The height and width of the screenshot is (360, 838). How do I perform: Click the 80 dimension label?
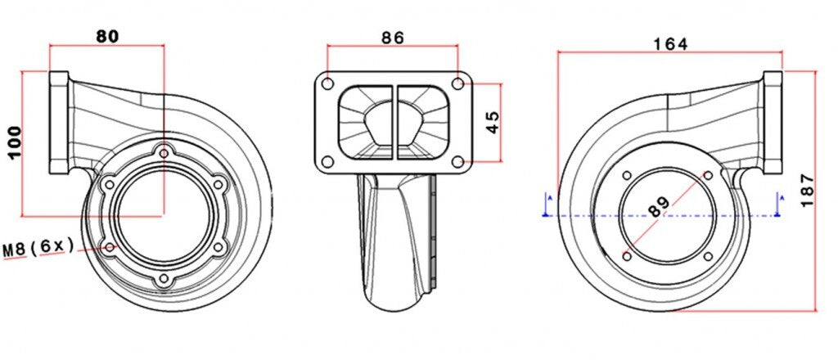[107, 35]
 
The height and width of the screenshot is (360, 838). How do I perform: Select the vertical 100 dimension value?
[13, 144]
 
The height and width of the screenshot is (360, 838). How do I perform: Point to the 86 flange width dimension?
[392, 37]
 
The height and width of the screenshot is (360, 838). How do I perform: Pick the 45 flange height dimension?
[492, 122]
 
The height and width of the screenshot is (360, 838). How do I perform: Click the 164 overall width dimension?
[670, 43]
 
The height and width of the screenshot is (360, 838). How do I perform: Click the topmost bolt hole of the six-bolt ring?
[165, 152]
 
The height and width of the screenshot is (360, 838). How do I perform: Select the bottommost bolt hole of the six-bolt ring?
[164, 281]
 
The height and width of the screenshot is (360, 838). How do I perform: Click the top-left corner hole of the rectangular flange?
[327, 83]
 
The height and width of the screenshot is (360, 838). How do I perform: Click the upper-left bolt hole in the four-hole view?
[627, 176]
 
